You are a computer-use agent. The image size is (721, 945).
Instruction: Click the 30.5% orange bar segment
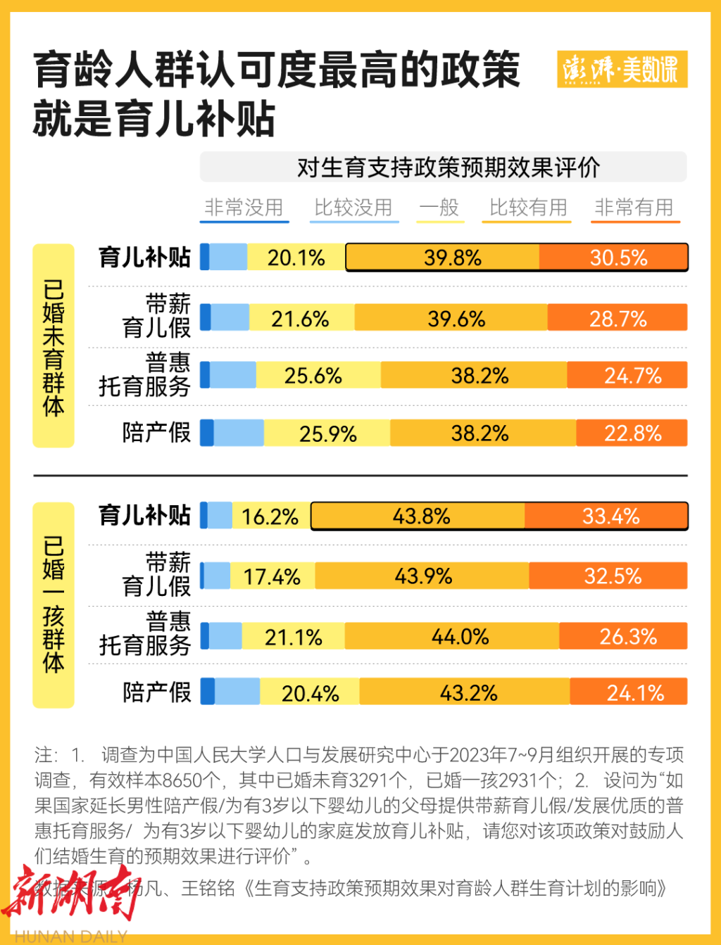click(x=613, y=258)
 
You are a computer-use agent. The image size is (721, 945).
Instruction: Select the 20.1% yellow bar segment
click(x=296, y=258)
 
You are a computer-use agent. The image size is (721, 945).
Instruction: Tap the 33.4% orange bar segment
click(x=606, y=516)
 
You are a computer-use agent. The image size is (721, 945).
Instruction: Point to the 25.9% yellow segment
click(x=327, y=433)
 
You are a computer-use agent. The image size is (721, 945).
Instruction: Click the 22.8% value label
click(x=632, y=433)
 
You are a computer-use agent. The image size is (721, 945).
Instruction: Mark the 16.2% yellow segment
click(x=271, y=516)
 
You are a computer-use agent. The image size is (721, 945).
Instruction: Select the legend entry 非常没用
click(x=244, y=208)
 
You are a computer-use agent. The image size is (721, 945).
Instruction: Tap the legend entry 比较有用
click(x=528, y=208)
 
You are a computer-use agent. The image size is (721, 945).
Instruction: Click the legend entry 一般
click(x=439, y=208)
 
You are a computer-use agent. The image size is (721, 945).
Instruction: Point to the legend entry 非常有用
click(x=634, y=208)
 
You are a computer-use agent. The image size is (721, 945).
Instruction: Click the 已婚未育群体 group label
click(x=54, y=346)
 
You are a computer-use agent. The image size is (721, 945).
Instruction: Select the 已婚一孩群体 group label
click(x=54, y=604)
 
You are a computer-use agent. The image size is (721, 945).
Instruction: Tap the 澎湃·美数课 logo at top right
click(x=621, y=69)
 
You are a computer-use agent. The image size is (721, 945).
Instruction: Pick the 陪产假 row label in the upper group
click(x=156, y=433)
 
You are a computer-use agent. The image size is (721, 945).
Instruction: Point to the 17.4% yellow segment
click(x=272, y=577)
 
